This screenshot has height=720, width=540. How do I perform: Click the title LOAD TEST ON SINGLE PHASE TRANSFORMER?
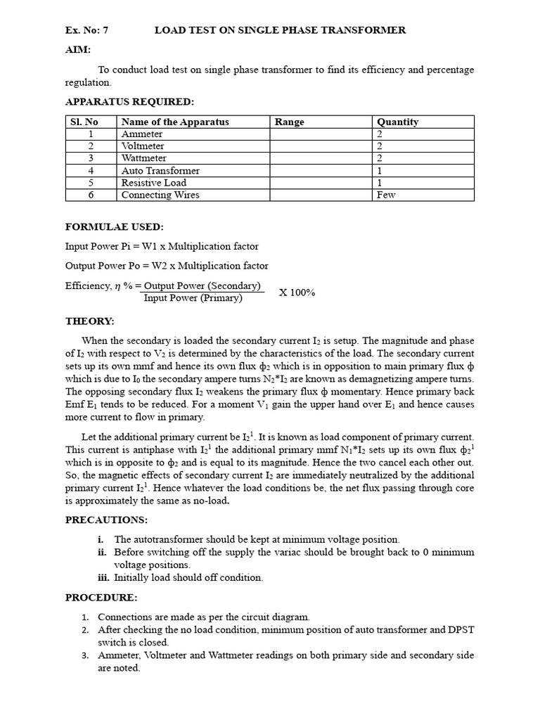pyautogui.click(x=280, y=30)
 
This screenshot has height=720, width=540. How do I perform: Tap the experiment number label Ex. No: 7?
pyautogui.click(x=87, y=30)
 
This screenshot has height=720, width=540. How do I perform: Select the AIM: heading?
pyautogui.click(x=78, y=50)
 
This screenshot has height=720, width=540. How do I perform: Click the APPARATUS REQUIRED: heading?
pyautogui.click(x=129, y=101)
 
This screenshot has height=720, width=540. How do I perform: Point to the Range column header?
pyautogui.click(x=289, y=122)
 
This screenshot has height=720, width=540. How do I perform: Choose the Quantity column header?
pyautogui.click(x=397, y=122)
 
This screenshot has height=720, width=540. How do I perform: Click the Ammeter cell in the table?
pyautogui.click(x=142, y=134)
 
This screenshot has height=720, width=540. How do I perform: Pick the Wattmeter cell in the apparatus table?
pyautogui.click(x=145, y=158)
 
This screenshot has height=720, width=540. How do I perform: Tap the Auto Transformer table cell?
pyautogui.click(x=160, y=171)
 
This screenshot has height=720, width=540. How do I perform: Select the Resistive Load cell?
pyautogui.click(x=153, y=183)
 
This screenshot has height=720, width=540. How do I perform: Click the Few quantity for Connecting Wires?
pyautogui.click(x=386, y=195)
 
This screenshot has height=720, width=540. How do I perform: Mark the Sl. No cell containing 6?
pyautogui.click(x=91, y=195)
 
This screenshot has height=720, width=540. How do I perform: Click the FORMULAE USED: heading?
pyautogui.click(x=114, y=226)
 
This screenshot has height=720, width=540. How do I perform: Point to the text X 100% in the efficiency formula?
pyautogui.click(x=297, y=292)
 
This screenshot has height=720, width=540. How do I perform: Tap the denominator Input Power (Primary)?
pyautogui.click(x=193, y=298)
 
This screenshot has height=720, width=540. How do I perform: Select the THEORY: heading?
pyautogui.click(x=89, y=321)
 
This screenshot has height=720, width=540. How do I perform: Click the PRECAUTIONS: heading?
pyautogui.click(x=106, y=520)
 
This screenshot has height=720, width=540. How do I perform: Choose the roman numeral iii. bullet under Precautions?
pyautogui.click(x=105, y=577)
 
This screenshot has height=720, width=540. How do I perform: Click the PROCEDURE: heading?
pyautogui.click(x=101, y=597)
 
